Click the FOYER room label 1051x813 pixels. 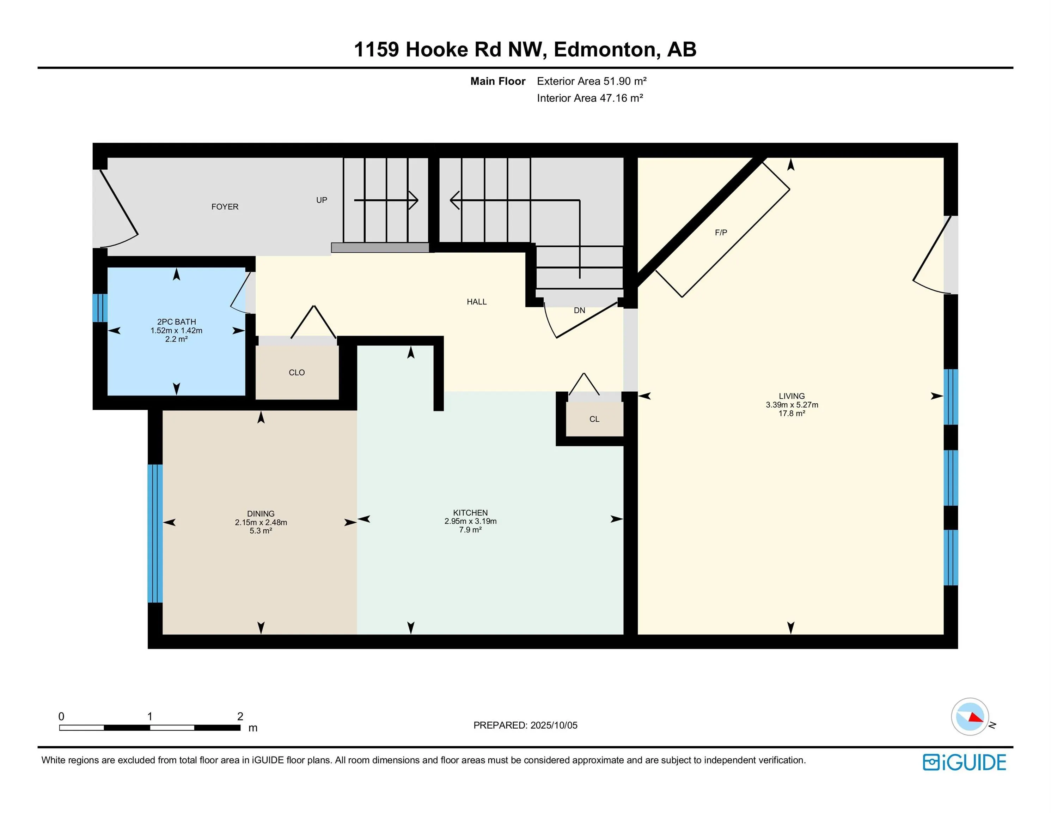pos(225,207)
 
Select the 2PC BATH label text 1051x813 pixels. pos(177,322)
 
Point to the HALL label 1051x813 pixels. pos(476,302)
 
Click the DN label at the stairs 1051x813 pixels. pos(579,311)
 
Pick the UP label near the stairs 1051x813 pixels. pos(322,200)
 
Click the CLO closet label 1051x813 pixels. pos(297,372)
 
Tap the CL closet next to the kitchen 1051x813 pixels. pos(594,419)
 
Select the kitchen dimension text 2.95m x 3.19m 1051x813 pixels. pos(470,521)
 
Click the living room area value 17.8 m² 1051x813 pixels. pos(792,413)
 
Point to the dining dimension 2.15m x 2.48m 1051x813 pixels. pos(261,522)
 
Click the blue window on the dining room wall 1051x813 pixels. pos(155,534)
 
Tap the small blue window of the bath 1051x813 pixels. pos(100,308)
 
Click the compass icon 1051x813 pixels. pos(970,717)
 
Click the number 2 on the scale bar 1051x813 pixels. pos(240,716)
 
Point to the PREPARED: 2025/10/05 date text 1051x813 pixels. pos(525,725)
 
